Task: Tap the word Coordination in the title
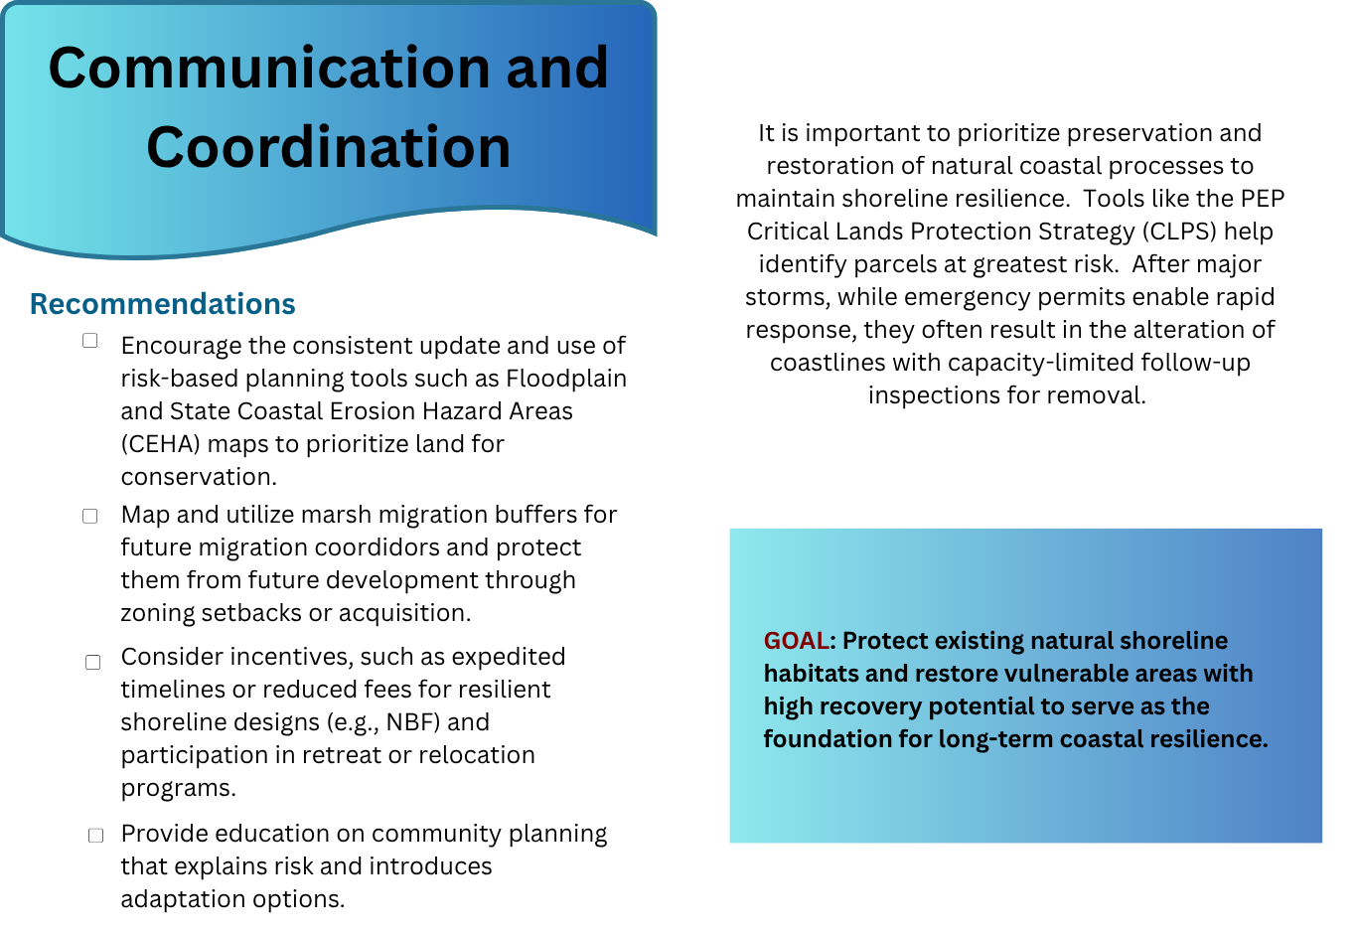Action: (x=329, y=147)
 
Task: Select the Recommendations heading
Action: (x=162, y=304)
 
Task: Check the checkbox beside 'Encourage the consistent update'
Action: (x=89, y=341)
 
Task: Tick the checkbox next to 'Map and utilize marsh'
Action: (x=89, y=516)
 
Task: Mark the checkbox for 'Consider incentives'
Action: (x=92, y=663)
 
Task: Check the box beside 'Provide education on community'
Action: (x=95, y=836)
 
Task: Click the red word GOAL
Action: (x=796, y=641)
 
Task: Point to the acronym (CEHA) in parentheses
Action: (x=161, y=444)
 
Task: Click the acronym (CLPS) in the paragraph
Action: (x=1179, y=232)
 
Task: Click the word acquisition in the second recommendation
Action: (x=404, y=613)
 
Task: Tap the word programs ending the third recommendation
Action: (x=178, y=788)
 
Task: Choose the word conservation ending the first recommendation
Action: (x=199, y=477)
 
